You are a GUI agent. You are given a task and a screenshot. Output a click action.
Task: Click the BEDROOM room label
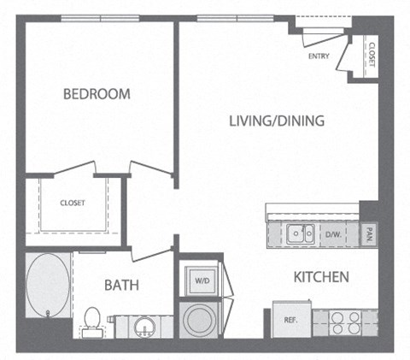click(x=97, y=94)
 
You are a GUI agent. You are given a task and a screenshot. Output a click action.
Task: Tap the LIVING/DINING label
click(x=276, y=121)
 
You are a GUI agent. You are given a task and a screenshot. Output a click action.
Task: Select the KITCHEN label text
click(x=320, y=277)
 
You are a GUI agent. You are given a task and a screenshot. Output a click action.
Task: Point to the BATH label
click(x=121, y=285)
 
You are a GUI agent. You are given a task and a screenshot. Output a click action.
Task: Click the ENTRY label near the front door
click(x=319, y=57)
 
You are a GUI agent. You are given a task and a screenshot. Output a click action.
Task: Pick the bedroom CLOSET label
click(x=72, y=203)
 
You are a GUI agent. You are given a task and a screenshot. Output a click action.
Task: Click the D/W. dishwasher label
click(x=332, y=232)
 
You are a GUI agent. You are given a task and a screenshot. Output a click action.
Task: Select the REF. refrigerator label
click(x=290, y=320)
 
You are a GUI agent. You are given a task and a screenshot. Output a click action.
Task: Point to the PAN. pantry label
click(x=369, y=232)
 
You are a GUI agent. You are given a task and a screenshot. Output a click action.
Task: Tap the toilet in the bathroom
click(x=92, y=321)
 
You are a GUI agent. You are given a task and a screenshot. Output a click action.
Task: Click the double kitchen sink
click(x=299, y=232)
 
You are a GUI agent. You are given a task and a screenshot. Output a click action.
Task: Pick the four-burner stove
click(x=345, y=322)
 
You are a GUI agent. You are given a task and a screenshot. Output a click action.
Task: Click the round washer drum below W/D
click(x=202, y=321)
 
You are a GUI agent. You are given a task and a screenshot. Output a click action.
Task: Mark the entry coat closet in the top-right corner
click(x=370, y=53)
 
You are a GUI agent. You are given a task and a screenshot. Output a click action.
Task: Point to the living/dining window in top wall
click(x=234, y=18)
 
